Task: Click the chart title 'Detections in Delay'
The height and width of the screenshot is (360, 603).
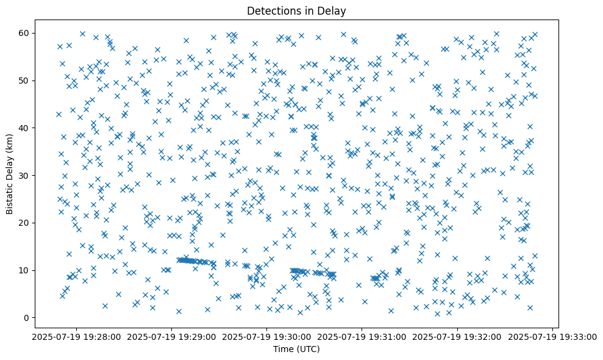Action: pos(295,11)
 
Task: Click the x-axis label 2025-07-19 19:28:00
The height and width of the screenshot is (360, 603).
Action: pos(76,336)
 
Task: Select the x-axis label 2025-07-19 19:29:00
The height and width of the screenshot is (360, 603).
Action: pos(171,336)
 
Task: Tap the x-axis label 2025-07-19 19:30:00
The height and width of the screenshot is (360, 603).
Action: pos(267,336)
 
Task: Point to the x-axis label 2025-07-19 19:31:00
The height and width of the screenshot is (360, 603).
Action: pos(362,336)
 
